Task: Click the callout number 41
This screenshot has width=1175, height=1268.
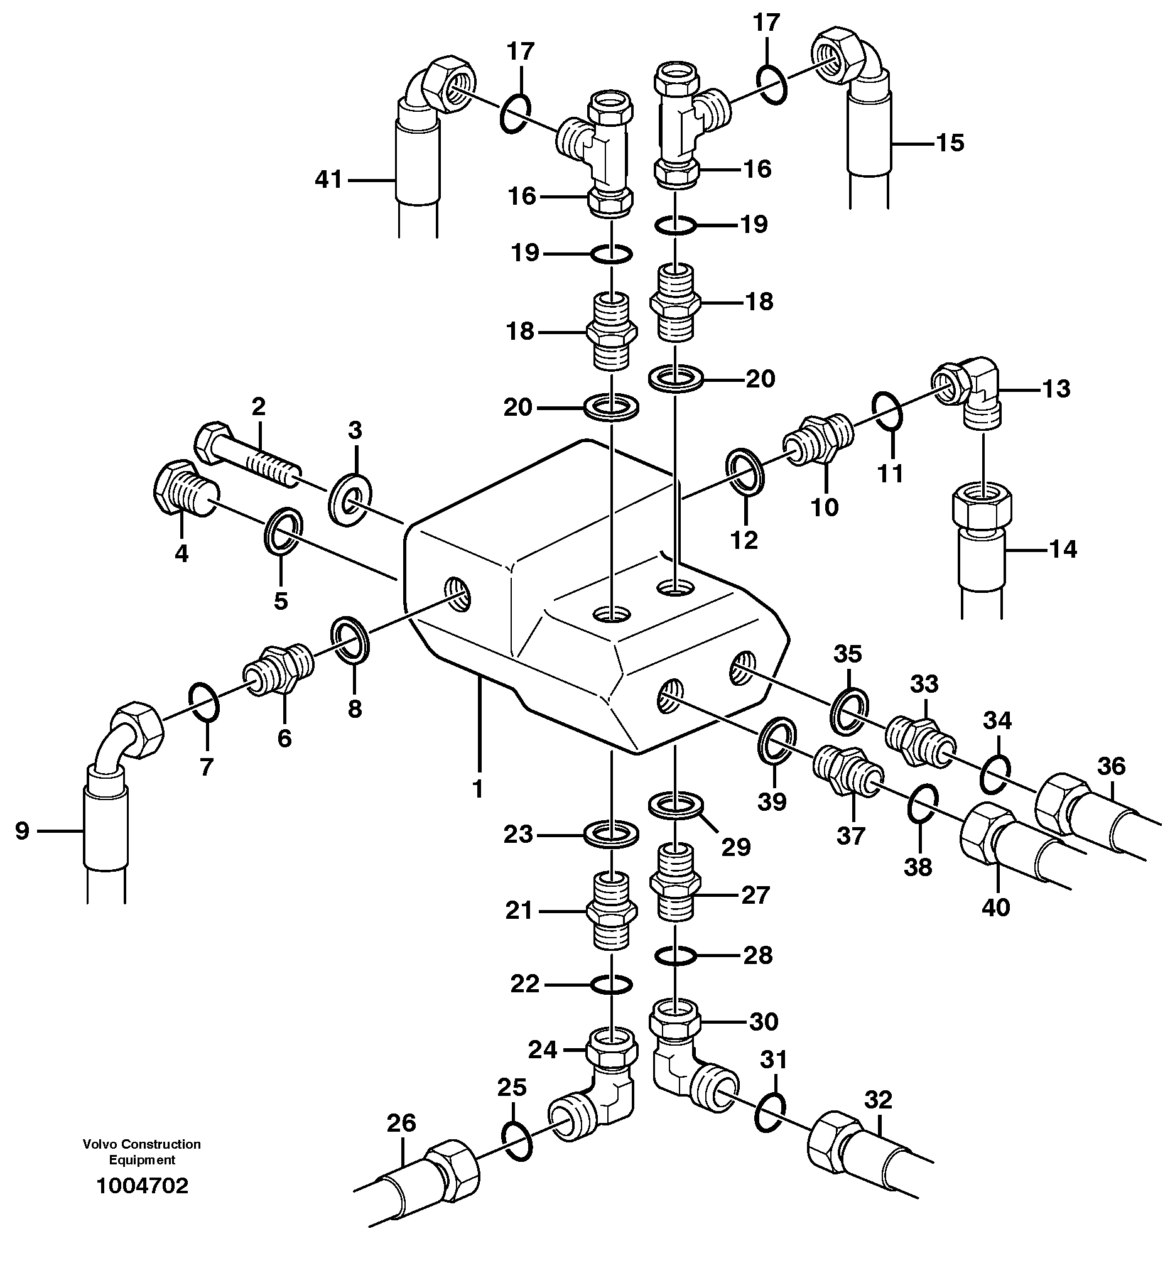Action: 328,180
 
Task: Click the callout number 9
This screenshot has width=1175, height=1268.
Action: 22,830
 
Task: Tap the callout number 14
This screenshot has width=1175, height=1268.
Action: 1063,548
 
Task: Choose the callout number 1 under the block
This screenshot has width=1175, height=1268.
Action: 477,789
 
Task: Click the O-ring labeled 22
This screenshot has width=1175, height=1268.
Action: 611,985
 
